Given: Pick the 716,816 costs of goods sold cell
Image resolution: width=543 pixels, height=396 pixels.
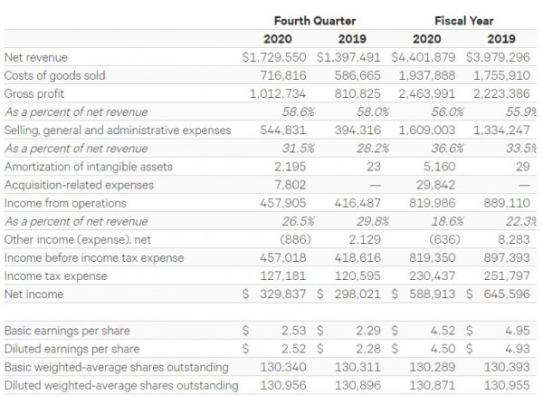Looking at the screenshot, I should coord(286,74).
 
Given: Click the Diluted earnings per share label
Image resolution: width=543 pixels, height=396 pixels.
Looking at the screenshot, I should coord(72,349).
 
